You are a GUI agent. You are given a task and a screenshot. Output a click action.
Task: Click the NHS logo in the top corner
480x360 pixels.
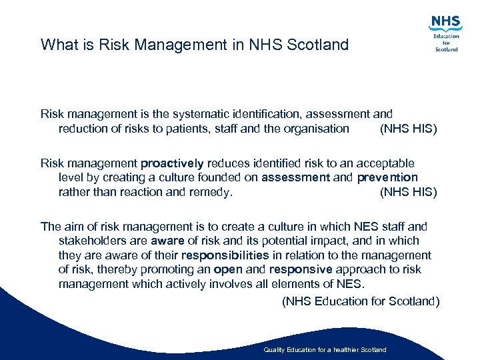click(445, 33)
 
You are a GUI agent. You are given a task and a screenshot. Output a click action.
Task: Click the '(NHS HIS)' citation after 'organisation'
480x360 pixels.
click(408, 129)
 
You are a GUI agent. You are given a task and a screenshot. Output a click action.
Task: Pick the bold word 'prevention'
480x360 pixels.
click(387, 177)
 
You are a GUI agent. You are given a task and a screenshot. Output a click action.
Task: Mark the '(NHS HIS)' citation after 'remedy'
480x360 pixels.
click(408, 192)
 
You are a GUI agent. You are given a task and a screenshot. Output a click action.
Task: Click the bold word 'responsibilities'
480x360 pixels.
click(225, 255)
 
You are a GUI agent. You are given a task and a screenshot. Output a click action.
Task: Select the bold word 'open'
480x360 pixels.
click(228, 269)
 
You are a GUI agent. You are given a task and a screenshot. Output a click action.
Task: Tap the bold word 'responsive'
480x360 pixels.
click(300, 269)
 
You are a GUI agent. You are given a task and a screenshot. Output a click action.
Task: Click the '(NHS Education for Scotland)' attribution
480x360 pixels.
click(361, 301)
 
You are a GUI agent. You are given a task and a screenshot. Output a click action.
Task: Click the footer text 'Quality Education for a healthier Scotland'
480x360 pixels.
click(325, 350)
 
